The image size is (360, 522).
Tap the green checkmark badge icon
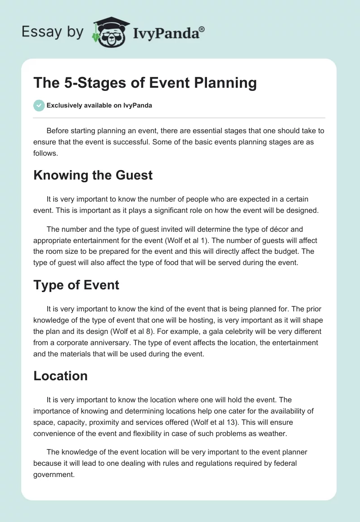click(39, 105)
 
